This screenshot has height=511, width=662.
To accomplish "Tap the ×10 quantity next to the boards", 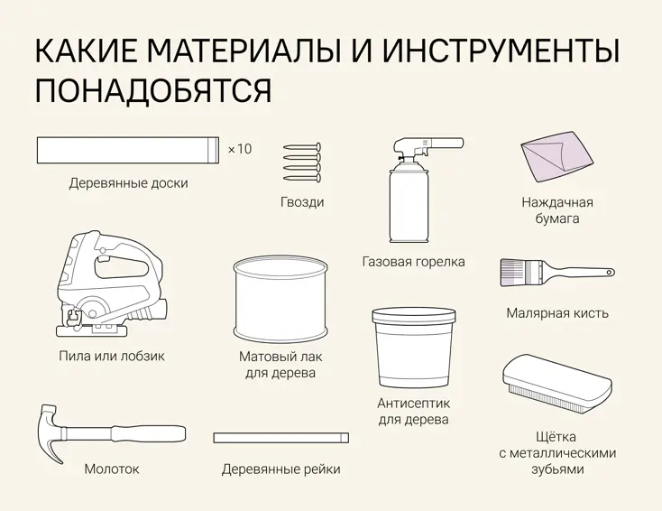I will coord(240,149).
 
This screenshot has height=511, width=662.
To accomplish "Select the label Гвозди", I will coord(302,202).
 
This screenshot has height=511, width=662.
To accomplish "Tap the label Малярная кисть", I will coord(556,313).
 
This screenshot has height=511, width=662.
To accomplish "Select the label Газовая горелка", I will coord(414,262).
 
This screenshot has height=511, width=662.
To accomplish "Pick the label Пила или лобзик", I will coord(112,356).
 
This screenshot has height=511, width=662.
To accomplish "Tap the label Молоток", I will coord(112,469).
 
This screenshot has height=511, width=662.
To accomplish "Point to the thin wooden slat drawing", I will coord(280,438).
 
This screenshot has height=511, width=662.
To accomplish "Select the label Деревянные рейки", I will coord(280,469).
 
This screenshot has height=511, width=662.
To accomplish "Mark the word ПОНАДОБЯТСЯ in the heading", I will coord(153,90).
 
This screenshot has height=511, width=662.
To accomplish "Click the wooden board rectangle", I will coord(127,150).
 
